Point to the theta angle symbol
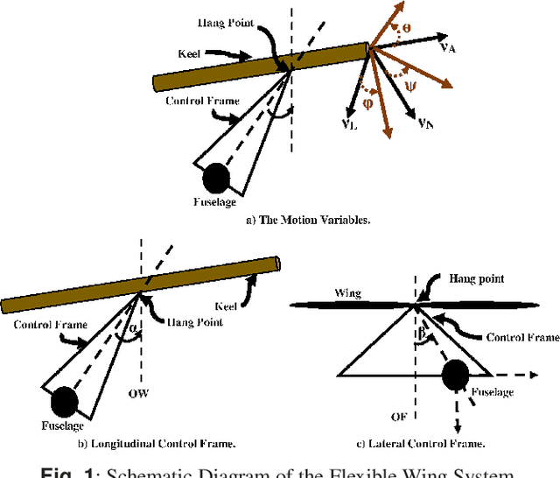[404, 29]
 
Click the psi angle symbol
[409, 86]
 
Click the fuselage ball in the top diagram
[215, 179]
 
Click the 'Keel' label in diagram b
[225, 306]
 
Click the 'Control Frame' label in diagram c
[523, 336]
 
